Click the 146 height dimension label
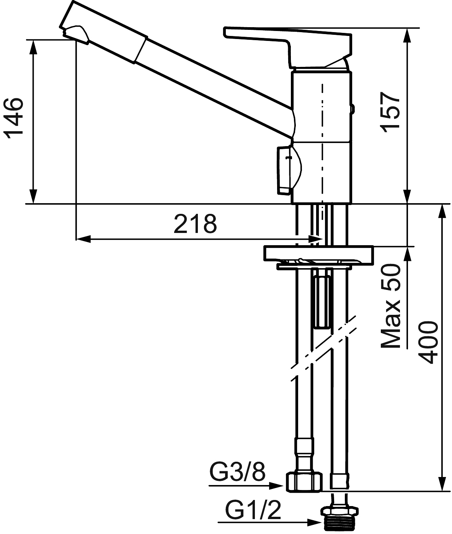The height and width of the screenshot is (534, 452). click(13, 118)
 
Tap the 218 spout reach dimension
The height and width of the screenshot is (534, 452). click(195, 224)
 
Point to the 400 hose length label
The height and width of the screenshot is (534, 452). click(428, 343)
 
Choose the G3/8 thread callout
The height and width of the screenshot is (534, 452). click(238, 472)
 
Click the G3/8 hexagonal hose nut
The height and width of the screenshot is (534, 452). click(304, 482)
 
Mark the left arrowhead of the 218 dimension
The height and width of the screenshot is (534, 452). click(83, 239)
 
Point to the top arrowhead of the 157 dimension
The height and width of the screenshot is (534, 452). click(407, 35)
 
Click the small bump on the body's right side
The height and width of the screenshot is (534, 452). click(353, 109)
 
